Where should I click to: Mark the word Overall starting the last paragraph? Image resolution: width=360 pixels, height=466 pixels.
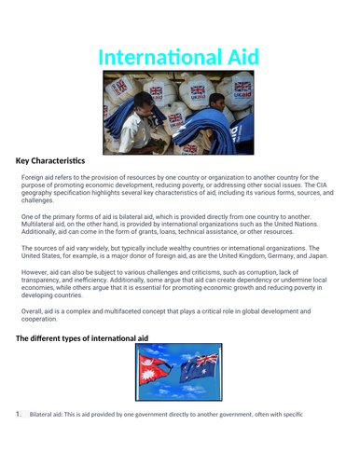coord(35,308)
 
